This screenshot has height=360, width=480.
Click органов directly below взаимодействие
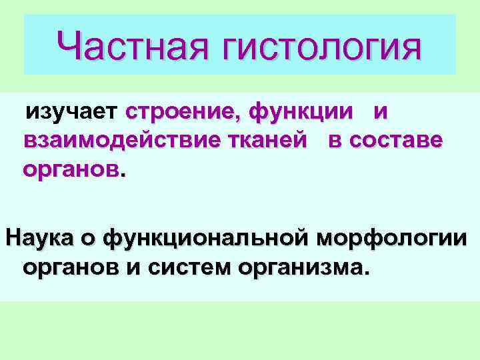[x=71, y=171]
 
